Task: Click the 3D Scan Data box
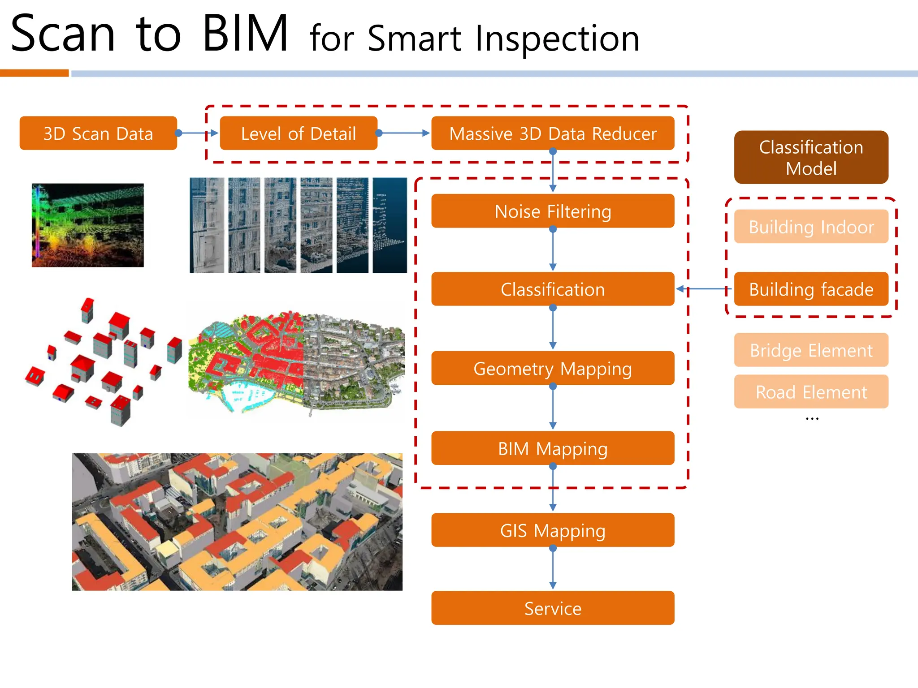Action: pos(98,133)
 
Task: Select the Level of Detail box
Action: pos(299,133)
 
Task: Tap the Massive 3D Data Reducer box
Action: pos(553,133)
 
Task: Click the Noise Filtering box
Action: pos(553,211)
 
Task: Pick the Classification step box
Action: pos(553,289)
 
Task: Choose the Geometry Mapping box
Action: pos(553,368)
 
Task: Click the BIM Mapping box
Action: pos(553,448)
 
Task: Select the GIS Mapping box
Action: pos(553,530)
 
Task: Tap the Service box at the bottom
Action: pos(553,608)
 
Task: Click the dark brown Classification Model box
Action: pos(811,158)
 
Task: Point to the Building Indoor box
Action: pos(811,227)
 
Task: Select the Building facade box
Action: pos(811,289)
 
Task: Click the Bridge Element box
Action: pos(811,350)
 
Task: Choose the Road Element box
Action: pos(811,392)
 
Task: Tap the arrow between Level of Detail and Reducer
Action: pos(403,133)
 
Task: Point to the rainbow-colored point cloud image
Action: pos(88,225)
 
